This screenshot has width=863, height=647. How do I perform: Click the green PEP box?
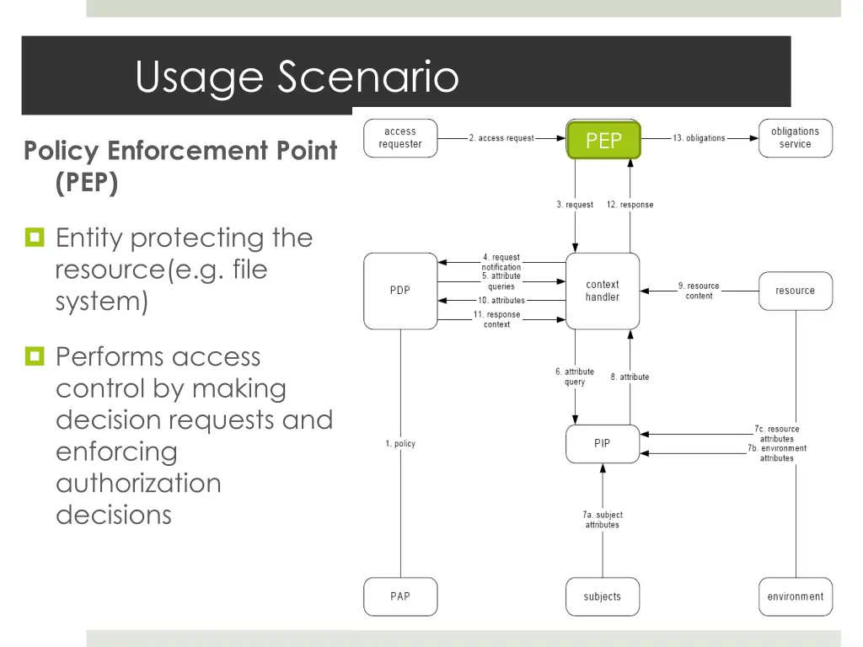603,140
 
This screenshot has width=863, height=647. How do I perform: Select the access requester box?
400,138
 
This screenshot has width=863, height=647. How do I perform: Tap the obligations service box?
796,138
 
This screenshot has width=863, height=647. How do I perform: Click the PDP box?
400,291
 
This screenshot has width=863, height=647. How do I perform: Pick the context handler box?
603,291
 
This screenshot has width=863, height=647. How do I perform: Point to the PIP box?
603,443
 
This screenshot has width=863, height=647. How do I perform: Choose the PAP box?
400,596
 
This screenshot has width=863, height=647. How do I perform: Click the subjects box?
603,596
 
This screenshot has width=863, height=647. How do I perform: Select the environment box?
796,596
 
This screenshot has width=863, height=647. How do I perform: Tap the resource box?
796,291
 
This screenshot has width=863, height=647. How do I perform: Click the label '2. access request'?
501,138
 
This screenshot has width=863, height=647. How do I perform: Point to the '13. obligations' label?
699,138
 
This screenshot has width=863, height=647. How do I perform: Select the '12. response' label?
630,205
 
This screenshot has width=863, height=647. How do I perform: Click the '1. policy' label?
400,443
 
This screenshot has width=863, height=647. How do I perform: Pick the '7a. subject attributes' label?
603,520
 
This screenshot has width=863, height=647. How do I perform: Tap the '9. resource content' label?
699,291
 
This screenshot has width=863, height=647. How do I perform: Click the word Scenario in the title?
367,77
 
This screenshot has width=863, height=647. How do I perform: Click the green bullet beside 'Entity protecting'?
35,237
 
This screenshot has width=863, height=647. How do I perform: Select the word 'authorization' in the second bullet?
139,483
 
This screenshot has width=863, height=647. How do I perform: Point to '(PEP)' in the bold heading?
87,183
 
